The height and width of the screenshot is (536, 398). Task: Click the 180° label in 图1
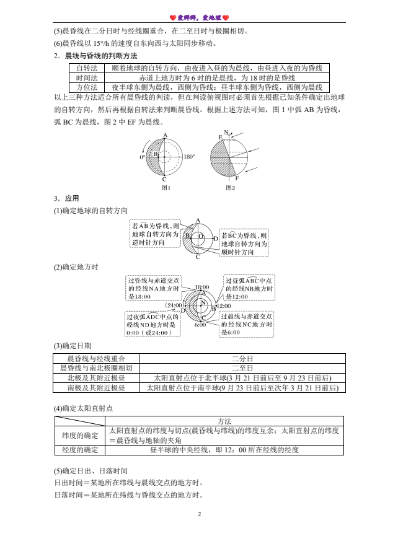pyautogui.click(x=190, y=157)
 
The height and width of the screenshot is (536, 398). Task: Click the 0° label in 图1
pyautogui.click(x=142, y=157)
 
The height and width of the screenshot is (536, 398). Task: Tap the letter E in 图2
pyautogui.click(x=220, y=137)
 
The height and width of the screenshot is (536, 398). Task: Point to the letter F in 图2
pyautogui.click(x=237, y=178)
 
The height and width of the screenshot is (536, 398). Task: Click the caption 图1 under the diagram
pyautogui.click(x=166, y=187)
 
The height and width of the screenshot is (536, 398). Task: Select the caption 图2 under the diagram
pyautogui.click(x=230, y=187)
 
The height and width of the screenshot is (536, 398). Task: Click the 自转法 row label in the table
pyautogui.click(x=87, y=68)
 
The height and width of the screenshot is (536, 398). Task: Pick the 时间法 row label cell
pyautogui.click(x=87, y=77)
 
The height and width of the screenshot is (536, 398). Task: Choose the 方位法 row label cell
pyautogui.click(x=87, y=87)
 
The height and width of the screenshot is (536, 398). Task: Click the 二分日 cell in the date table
pyautogui.click(x=242, y=358)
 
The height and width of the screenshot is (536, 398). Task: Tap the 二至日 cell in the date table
pyautogui.click(x=242, y=368)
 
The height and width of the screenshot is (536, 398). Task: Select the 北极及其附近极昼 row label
pyautogui.click(x=96, y=378)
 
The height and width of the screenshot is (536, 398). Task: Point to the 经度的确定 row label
pyautogui.click(x=81, y=450)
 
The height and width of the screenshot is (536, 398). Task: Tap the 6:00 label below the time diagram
pyautogui.click(x=200, y=325)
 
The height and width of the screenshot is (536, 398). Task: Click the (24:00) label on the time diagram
pyautogui.click(x=174, y=305)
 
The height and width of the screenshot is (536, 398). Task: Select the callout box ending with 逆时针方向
pyautogui.click(x=155, y=234)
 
